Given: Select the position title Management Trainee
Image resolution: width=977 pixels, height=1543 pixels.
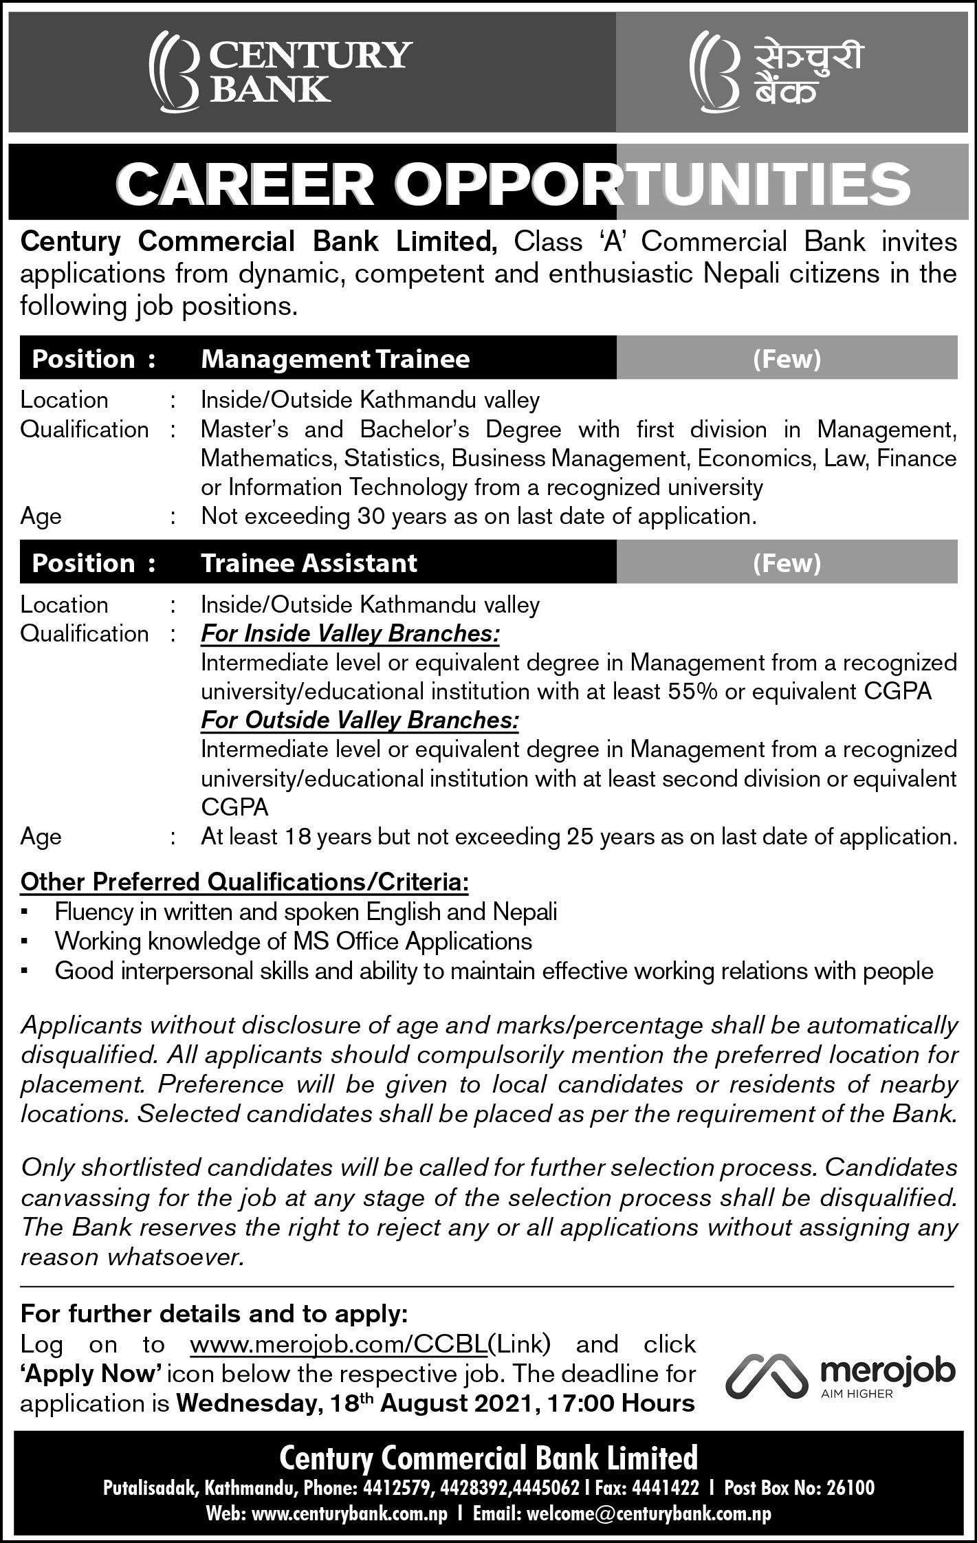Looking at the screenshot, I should click(x=335, y=359).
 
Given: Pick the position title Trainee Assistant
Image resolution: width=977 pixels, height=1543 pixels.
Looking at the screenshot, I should click(x=309, y=563).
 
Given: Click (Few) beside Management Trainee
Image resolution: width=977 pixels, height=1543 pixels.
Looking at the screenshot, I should click(x=787, y=359).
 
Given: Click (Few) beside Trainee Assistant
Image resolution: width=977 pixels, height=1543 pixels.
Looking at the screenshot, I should click(x=787, y=563).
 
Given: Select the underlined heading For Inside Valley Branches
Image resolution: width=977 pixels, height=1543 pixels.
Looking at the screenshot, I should click(x=350, y=633).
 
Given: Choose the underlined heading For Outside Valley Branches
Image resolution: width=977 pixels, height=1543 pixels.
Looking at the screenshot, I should click(x=360, y=720).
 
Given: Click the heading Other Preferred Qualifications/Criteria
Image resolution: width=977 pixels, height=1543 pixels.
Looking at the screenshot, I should click(x=245, y=882).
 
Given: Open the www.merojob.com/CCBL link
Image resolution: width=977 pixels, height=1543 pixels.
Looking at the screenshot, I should click(x=338, y=1344).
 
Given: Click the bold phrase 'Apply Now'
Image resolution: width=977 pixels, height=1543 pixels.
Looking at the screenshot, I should click(x=91, y=1374).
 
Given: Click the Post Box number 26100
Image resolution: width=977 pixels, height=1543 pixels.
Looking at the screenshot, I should click(x=850, y=1488).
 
